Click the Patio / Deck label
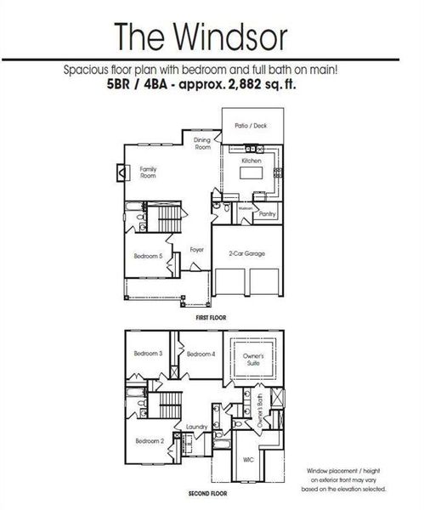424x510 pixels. coord(250,126)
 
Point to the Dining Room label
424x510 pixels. coord(201,144)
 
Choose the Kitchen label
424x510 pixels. coord(251,161)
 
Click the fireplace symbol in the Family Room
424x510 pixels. coord(122,173)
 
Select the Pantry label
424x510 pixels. coord(267,215)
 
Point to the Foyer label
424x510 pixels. coord(197,250)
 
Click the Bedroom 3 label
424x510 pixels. coord(148,354)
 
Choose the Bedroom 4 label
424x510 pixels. coord(201,354)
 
